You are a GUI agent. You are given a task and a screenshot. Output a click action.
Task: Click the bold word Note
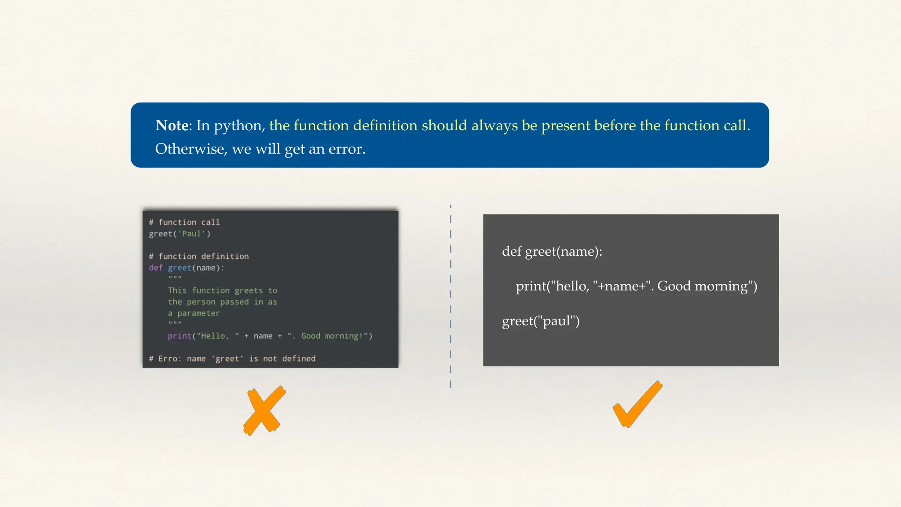[172, 125]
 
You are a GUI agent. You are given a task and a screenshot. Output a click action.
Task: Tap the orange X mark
[264, 411]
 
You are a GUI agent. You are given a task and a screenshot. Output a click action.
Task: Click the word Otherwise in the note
[190, 149]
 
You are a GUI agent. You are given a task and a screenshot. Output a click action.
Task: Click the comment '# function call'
[184, 222]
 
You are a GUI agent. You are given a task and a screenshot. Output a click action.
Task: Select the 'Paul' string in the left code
[191, 234]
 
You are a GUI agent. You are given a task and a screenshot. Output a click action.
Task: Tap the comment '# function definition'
[199, 256]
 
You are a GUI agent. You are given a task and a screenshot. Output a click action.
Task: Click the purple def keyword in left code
[155, 268]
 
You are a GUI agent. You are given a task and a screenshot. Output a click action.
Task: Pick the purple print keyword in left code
[179, 336]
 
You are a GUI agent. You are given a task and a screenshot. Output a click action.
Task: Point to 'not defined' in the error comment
[289, 359]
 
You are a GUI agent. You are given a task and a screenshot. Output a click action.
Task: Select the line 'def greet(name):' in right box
[552, 251]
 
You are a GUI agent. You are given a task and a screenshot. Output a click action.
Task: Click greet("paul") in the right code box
[541, 321]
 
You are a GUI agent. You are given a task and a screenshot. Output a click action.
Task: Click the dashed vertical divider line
[450, 295]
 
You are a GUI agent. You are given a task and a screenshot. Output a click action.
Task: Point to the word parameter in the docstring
[198, 313]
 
